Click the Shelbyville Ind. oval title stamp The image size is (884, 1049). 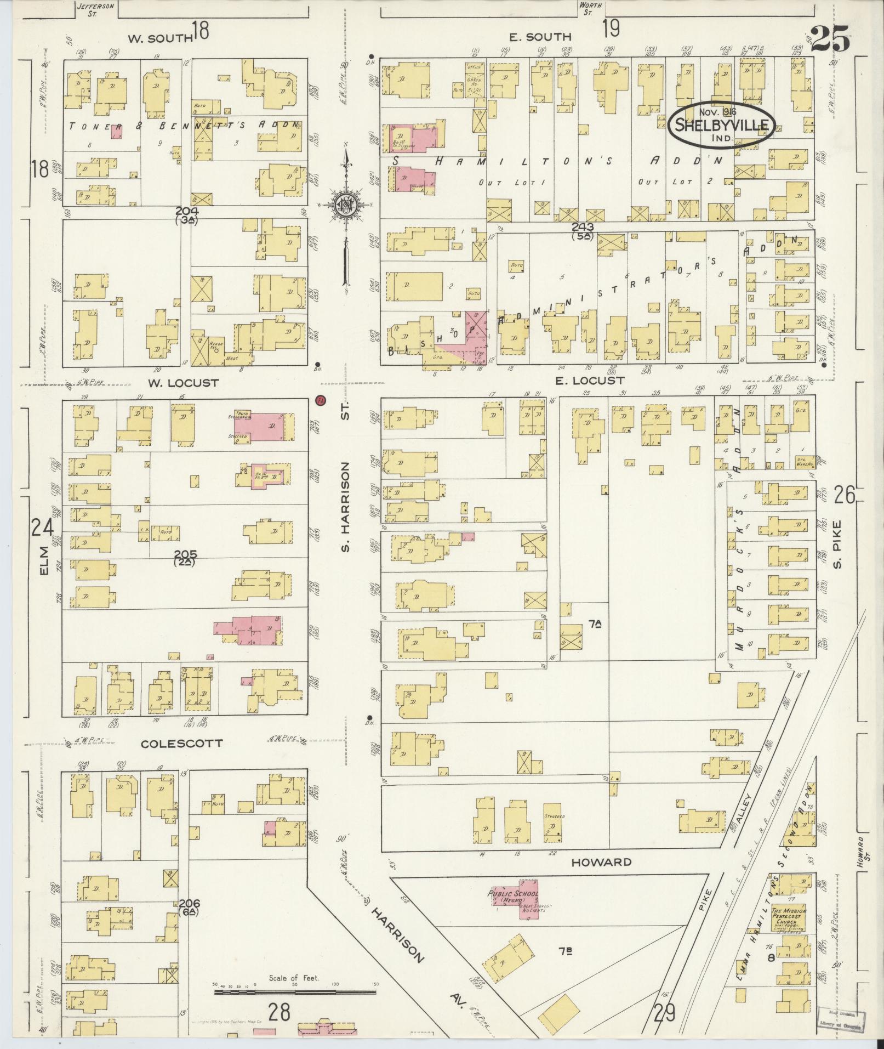pos(721,124)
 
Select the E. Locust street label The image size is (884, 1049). pos(596,379)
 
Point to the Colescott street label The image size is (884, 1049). pos(181,744)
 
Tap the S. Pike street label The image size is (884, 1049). pos(839,545)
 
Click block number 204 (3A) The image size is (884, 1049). pos(187,214)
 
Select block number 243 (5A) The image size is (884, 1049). pos(583,230)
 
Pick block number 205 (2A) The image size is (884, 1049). pos(186,558)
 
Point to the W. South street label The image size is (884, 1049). pos(160,38)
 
